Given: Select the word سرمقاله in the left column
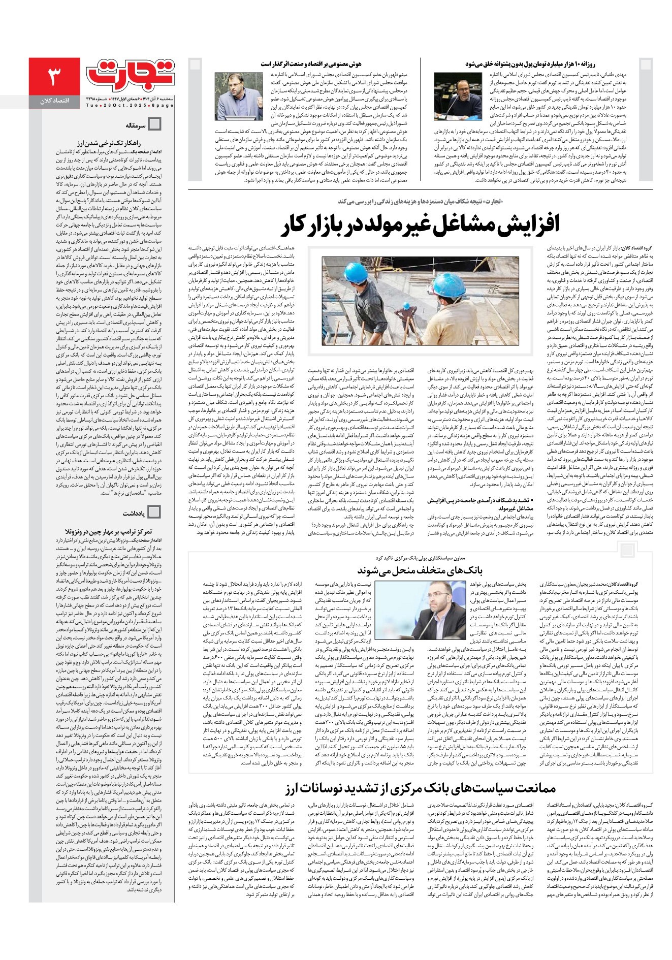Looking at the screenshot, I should coord(136,124).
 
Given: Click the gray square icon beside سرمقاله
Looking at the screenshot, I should coord(154,124).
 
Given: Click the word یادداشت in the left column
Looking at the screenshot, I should coord(134,513).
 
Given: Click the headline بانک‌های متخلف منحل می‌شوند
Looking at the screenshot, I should coord(420,569).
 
